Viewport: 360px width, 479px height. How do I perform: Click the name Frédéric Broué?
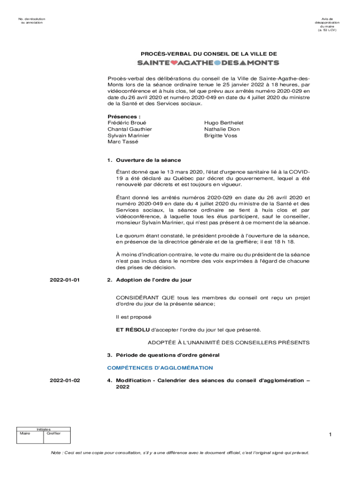(x=123, y=123)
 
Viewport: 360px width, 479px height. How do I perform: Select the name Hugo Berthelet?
(x=223, y=123)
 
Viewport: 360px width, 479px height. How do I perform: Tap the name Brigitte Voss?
(x=220, y=136)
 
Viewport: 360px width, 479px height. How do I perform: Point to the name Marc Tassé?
(x=120, y=142)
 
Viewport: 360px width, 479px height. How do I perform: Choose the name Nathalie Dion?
(x=222, y=129)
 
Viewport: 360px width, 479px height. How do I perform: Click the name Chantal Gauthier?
(x=130, y=129)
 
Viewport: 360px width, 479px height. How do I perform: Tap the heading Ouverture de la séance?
(x=148, y=160)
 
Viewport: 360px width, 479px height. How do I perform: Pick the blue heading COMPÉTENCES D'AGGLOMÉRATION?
(x=160, y=368)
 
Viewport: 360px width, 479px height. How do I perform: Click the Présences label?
(x=124, y=116)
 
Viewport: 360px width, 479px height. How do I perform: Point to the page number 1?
(x=330, y=435)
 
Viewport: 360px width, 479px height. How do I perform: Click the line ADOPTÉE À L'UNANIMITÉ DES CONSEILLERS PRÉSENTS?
(x=229, y=342)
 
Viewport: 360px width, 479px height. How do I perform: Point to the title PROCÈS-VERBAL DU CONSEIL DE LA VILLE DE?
(x=208, y=54)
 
